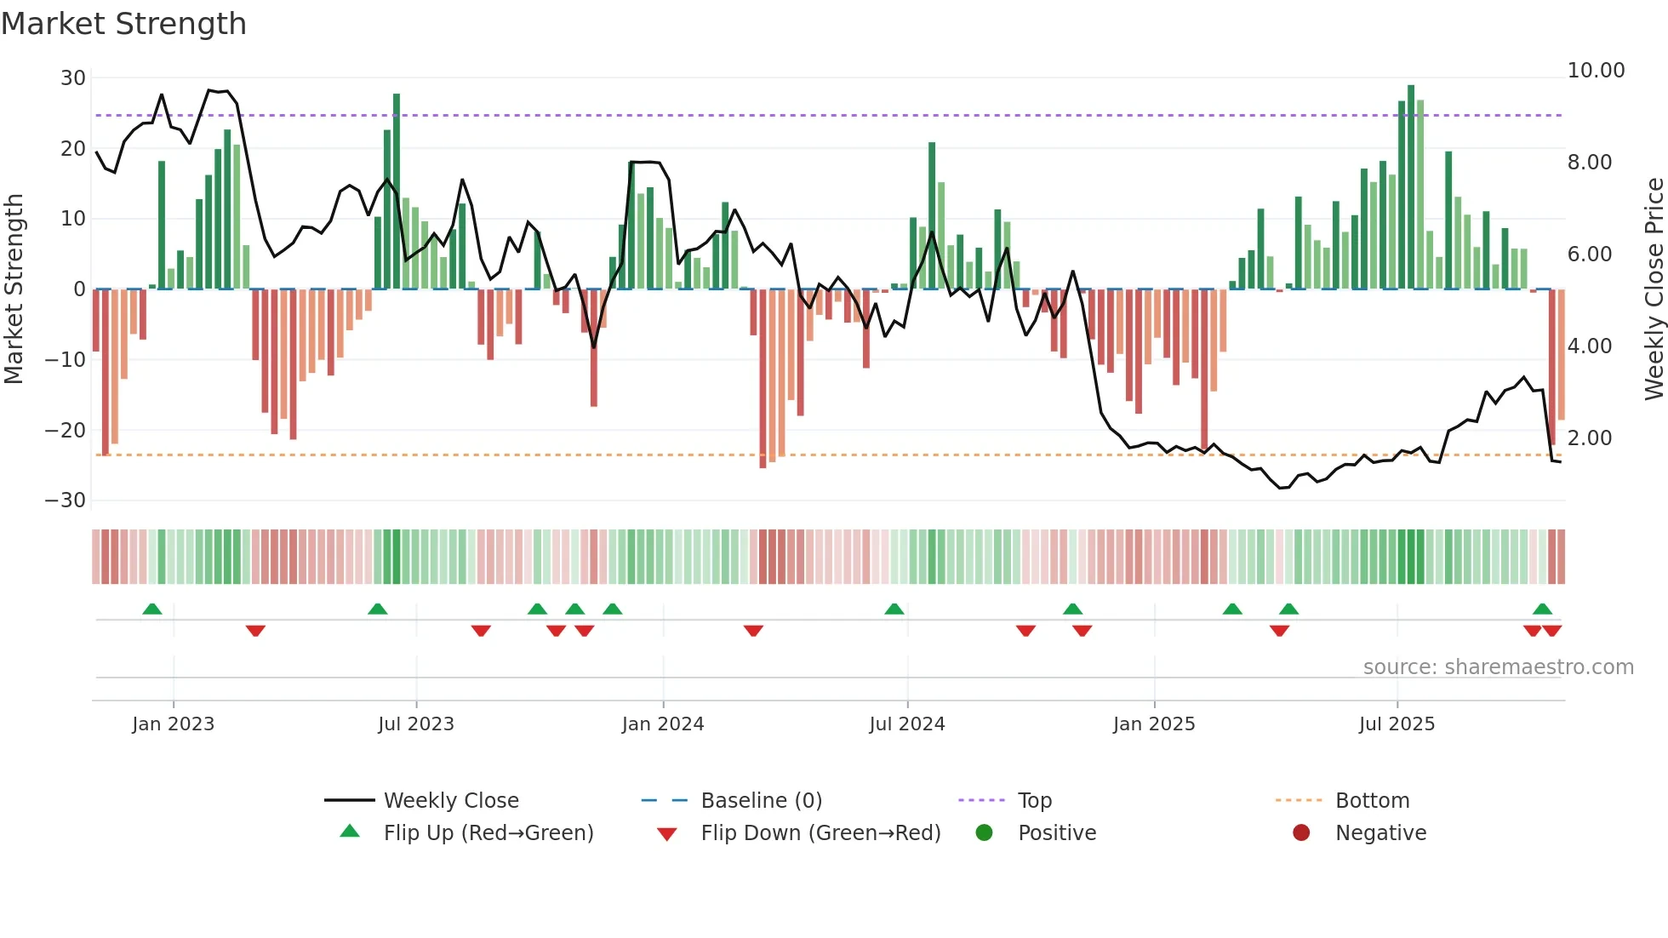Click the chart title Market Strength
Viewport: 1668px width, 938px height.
pyautogui.click(x=123, y=24)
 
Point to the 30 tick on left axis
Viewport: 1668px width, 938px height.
pyautogui.click(x=73, y=78)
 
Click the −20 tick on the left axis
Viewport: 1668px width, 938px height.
pyautogui.click(x=66, y=431)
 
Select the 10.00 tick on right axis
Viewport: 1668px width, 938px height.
pyautogui.click(x=1596, y=71)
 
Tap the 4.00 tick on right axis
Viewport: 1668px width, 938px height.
pyautogui.click(x=1589, y=346)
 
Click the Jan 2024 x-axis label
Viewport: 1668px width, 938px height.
pyautogui.click(x=662, y=724)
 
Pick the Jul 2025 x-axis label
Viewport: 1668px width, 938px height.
pyautogui.click(x=1397, y=724)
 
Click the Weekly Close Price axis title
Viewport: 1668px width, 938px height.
pyautogui.click(x=1654, y=289)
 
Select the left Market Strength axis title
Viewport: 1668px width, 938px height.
pyautogui.click(x=14, y=289)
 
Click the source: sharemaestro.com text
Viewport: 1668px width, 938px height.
pyautogui.click(x=1498, y=667)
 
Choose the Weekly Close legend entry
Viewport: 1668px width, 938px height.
pyautogui.click(x=450, y=801)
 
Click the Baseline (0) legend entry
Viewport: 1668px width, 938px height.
pyautogui.click(x=761, y=801)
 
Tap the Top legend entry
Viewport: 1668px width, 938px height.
pyautogui.click(x=1035, y=801)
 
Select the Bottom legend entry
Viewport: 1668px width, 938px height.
pyautogui.click(x=1372, y=801)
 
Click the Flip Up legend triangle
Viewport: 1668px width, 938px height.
pyautogui.click(x=350, y=832)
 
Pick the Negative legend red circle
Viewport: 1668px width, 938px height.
pyautogui.click(x=1301, y=832)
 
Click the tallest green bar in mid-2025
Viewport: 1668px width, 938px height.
pyautogui.click(x=1411, y=187)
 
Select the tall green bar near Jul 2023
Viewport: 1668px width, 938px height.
pyautogui.click(x=397, y=192)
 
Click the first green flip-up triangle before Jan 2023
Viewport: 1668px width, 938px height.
pyautogui.click(x=152, y=609)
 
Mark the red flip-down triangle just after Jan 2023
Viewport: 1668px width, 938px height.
pyautogui.click(x=255, y=631)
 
